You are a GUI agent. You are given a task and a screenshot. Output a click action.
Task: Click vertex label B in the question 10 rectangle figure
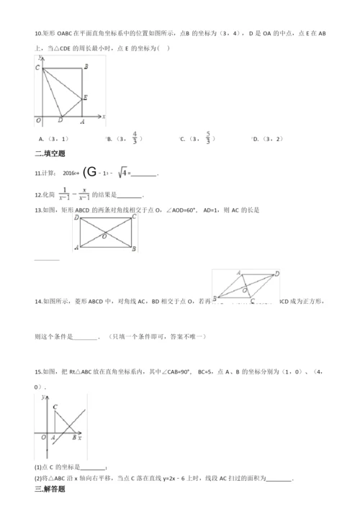point(86,67)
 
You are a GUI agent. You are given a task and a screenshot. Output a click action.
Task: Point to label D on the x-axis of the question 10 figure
point(60,120)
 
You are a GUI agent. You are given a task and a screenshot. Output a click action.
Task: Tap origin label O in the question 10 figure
point(37,119)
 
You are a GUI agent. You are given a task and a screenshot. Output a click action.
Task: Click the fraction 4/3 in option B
point(135,138)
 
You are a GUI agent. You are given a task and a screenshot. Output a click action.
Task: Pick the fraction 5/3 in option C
point(207,138)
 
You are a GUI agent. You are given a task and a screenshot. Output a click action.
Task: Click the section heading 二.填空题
point(50,153)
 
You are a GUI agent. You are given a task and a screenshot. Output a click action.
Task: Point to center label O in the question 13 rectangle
point(105,235)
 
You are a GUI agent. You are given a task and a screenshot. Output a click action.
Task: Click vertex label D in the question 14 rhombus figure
point(277,274)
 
